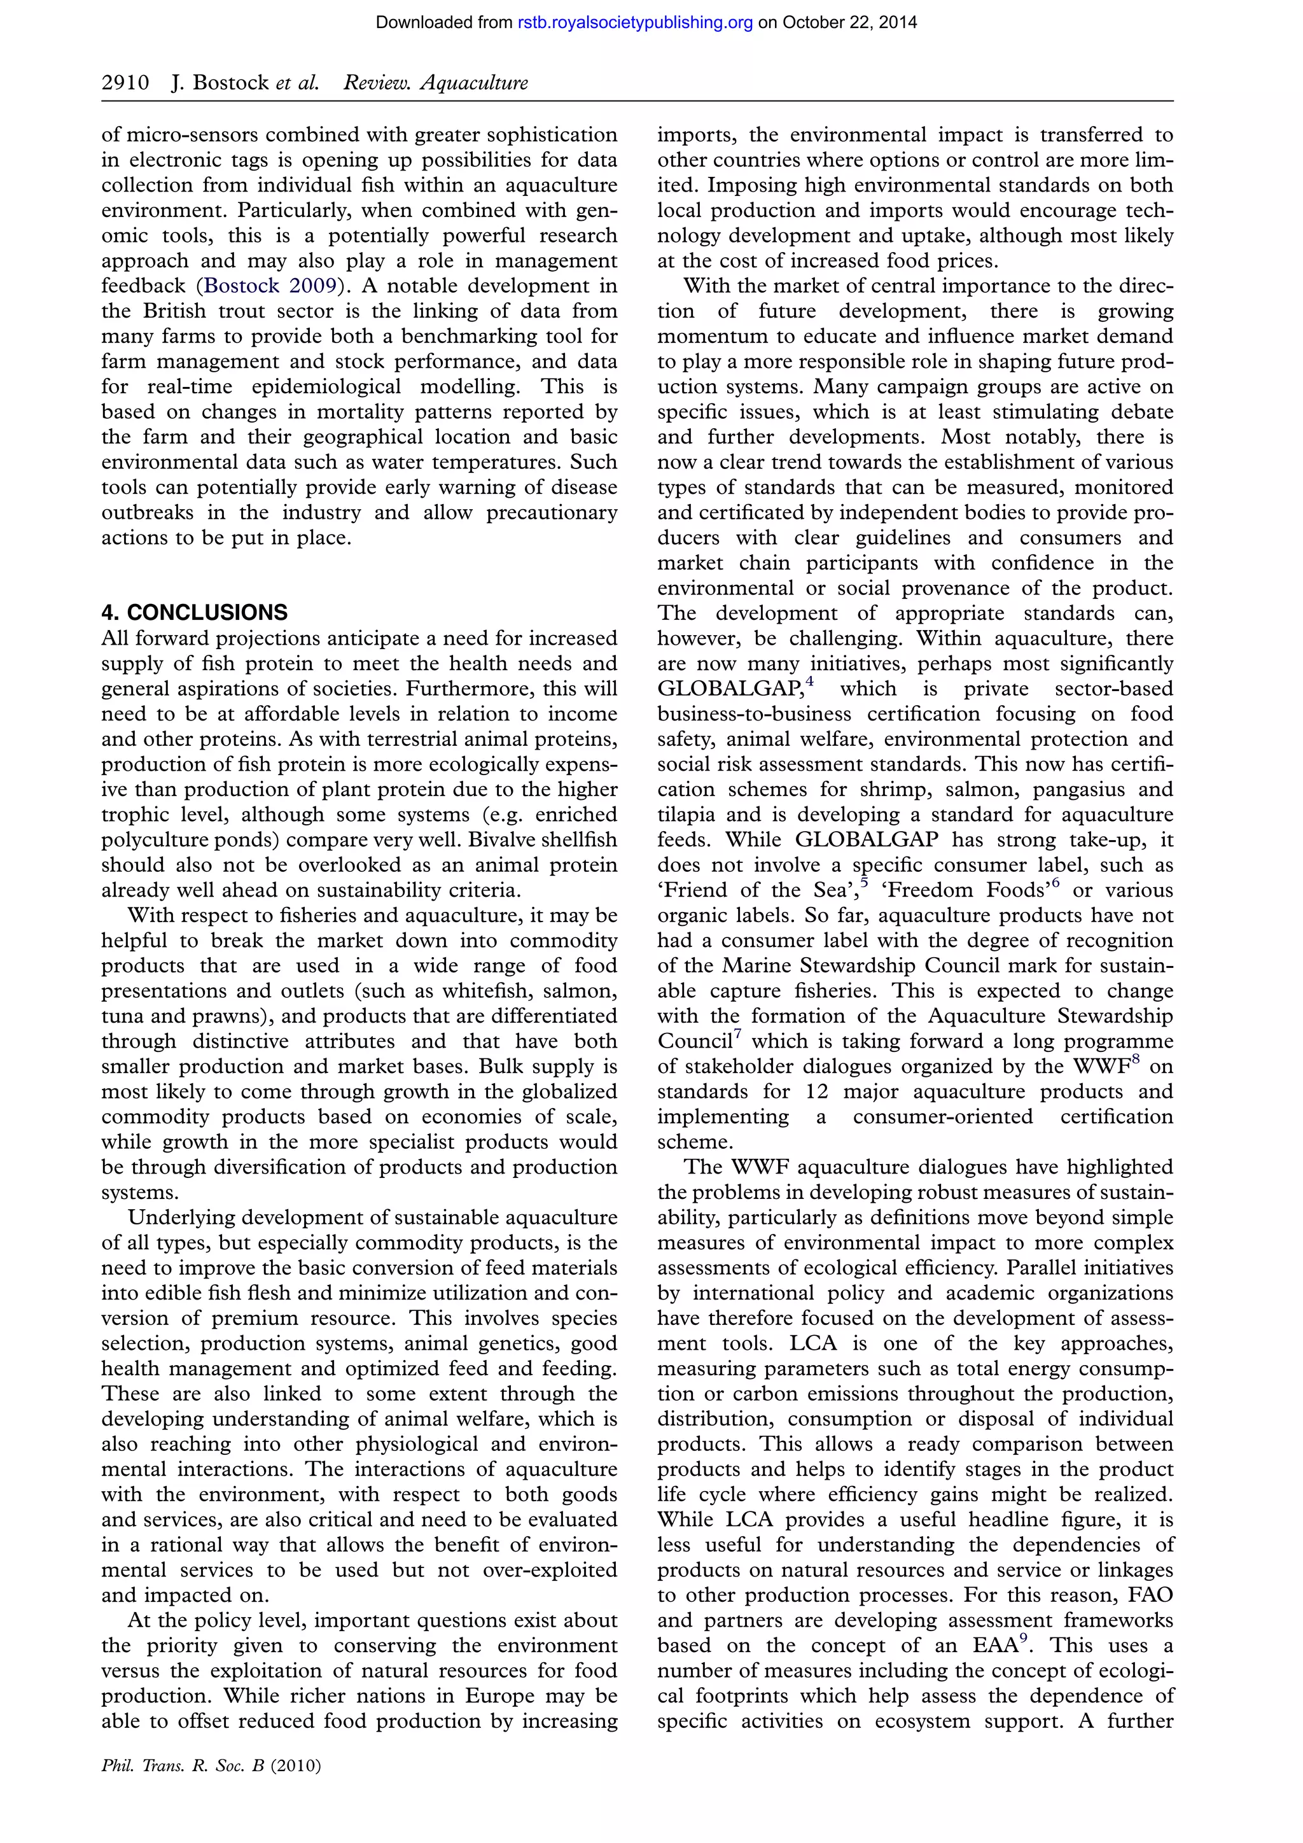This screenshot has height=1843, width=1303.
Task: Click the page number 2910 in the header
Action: (x=125, y=83)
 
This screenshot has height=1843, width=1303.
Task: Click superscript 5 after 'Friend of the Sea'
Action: (x=864, y=883)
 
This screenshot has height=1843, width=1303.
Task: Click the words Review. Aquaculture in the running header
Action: (x=436, y=83)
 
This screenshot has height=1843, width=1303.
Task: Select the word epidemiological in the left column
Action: (x=326, y=386)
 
